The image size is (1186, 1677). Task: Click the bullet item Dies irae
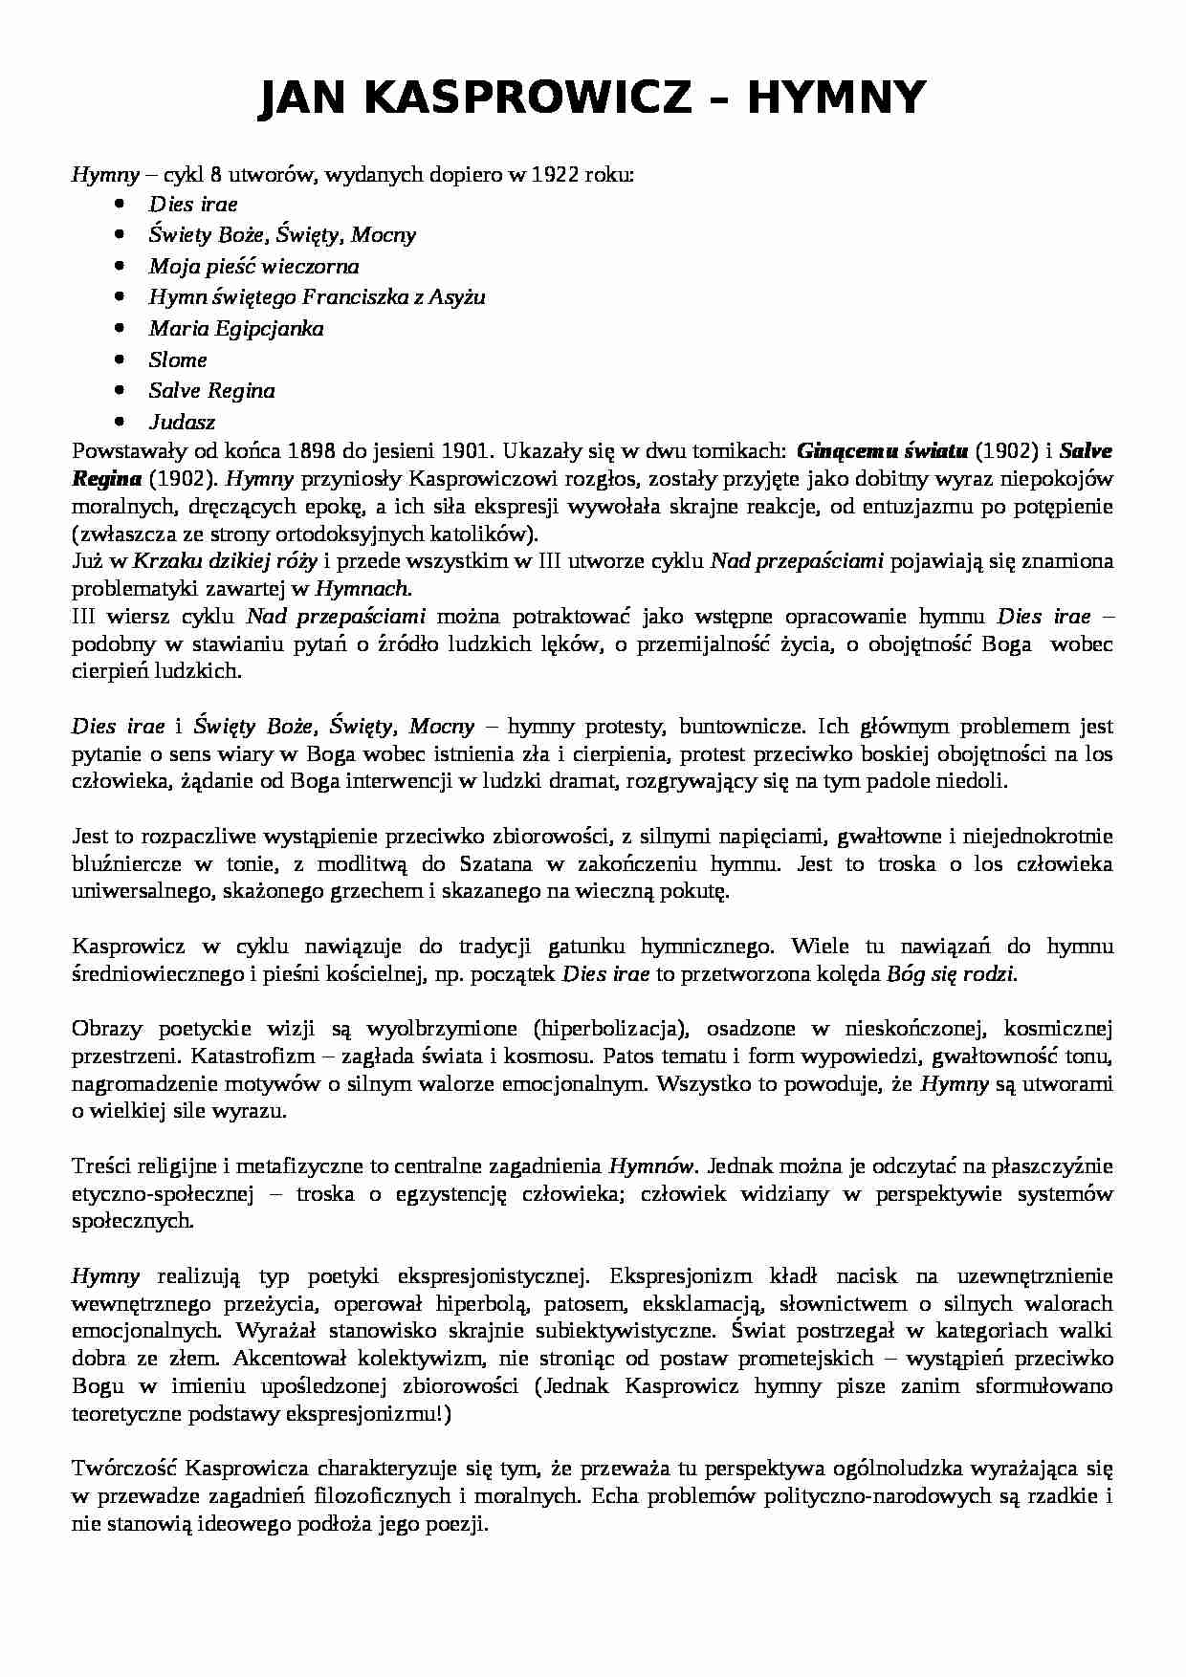click(193, 204)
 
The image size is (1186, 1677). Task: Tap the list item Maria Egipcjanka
click(236, 328)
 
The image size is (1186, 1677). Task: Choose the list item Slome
click(178, 359)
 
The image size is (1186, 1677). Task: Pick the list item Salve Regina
click(211, 390)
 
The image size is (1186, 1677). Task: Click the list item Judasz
click(182, 422)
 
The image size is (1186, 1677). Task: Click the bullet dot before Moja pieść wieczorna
click(119, 266)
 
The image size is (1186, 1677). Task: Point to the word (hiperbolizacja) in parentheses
click(612, 1029)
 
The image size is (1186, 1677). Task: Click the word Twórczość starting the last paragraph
click(124, 1468)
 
